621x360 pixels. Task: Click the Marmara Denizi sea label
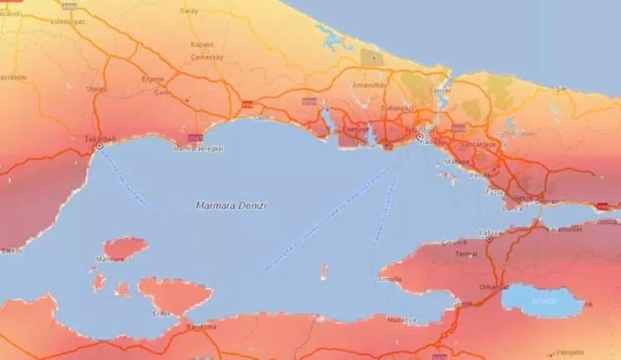point(231,206)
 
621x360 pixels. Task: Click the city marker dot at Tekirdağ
point(99,146)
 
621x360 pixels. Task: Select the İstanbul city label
point(418,129)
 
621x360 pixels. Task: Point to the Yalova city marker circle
point(489,239)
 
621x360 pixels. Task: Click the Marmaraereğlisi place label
point(198,148)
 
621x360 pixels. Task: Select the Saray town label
point(189,11)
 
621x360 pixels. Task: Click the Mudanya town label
point(402,320)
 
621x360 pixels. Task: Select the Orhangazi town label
point(493,287)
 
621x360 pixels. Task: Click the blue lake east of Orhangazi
point(541,300)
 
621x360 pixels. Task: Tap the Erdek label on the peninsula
point(161,314)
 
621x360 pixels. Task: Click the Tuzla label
point(494,191)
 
